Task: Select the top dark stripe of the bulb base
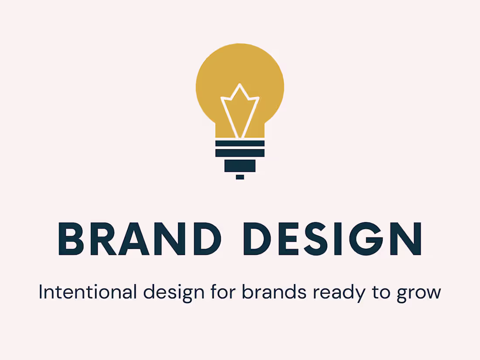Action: click(x=240, y=144)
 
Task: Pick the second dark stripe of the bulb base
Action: click(x=240, y=153)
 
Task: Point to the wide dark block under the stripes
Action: click(x=240, y=165)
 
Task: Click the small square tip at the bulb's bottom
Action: click(x=240, y=177)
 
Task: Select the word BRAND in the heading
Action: click(x=139, y=239)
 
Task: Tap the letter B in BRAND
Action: click(x=71, y=239)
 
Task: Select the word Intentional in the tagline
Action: click(x=88, y=292)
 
